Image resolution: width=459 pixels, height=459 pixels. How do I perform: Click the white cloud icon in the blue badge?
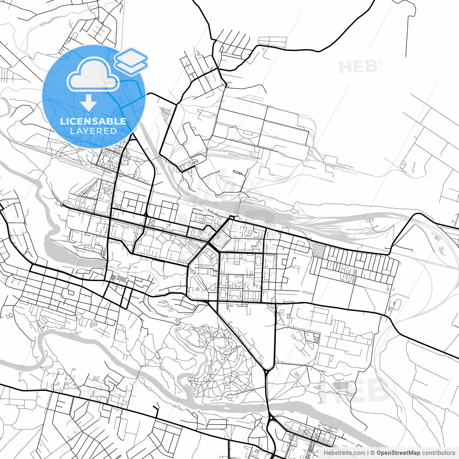click(x=93, y=75)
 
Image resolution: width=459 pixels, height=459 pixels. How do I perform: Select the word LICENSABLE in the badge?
click(x=93, y=121)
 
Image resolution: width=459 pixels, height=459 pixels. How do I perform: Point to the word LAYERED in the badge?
click(x=93, y=131)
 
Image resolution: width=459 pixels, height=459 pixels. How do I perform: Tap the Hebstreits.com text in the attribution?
click(x=344, y=453)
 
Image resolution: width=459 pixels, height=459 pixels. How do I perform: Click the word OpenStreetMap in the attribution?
click(x=398, y=453)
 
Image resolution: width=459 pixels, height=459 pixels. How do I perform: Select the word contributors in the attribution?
click(x=438, y=453)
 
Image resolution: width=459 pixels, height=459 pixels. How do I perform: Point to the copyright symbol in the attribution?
click(x=373, y=453)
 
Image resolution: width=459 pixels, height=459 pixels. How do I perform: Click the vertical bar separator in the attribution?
click(x=368, y=453)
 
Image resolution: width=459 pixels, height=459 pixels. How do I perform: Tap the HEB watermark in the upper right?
click(x=358, y=67)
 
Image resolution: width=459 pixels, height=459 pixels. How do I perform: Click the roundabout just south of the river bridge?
click(x=271, y=419)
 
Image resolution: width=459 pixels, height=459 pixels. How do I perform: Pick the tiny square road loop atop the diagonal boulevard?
click(x=231, y=218)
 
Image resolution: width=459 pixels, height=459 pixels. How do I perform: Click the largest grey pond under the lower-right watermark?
click(x=337, y=386)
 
